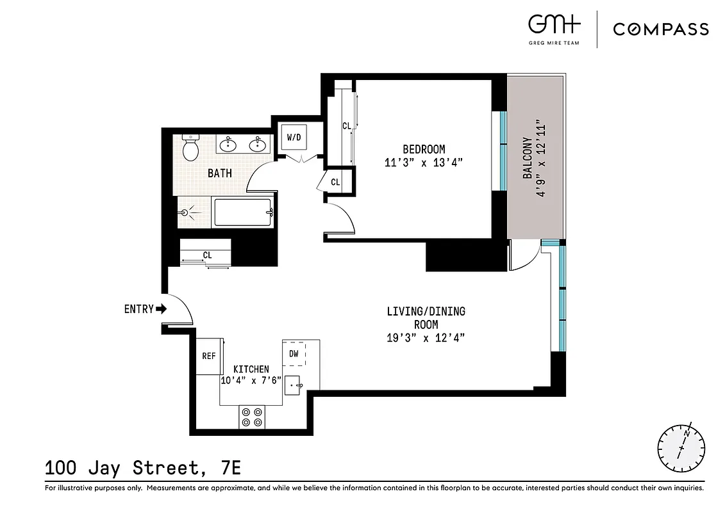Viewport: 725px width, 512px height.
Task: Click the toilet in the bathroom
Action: coord(190,148)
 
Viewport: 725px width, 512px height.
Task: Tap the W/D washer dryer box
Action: coord(294,137)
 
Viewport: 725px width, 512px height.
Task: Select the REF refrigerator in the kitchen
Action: coord(208,356)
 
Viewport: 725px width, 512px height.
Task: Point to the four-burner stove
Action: coord(251,417)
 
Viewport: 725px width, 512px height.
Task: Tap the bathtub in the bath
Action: coord(242,212)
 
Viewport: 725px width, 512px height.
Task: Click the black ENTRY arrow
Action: coord(161,309)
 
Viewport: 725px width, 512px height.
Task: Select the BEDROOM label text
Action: coord(423,149)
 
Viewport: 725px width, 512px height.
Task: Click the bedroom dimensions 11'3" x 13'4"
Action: coord(423,163)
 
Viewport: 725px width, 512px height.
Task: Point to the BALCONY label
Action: coord(527,158)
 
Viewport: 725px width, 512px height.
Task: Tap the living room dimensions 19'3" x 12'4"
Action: coord(426,337)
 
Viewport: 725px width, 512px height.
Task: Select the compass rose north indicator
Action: coord(681,445)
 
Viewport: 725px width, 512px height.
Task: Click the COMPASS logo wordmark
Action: coord(661,29)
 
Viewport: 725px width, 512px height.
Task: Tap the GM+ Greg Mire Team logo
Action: coord(554,27)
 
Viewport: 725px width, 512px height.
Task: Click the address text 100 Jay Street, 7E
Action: coord(143,468)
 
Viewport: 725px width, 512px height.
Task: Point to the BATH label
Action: coord(220,173)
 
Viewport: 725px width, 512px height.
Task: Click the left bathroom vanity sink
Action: coord(228,145)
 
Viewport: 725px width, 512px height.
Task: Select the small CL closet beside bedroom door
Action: coord(335,182)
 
